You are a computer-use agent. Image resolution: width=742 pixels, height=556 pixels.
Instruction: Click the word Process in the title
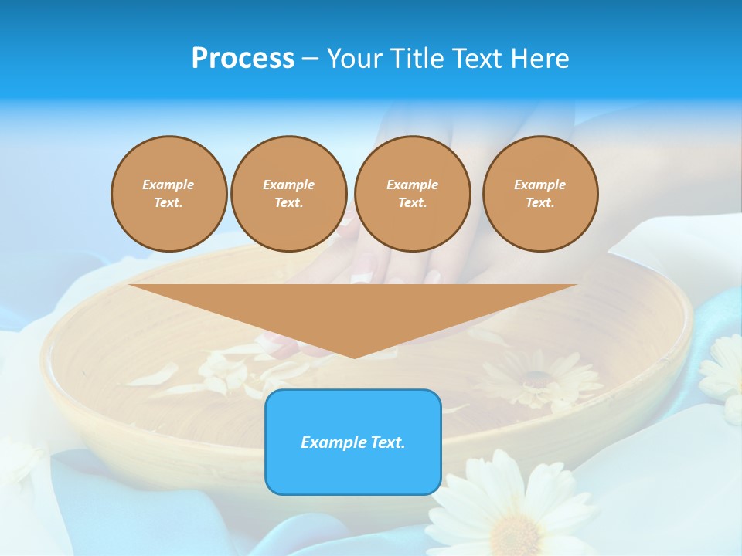point(243,59)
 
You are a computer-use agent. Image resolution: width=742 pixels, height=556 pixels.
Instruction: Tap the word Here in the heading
point(540,59)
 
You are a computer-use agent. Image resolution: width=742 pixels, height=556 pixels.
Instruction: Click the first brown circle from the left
point(168,193)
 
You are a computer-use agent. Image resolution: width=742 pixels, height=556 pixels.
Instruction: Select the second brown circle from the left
point(288,193)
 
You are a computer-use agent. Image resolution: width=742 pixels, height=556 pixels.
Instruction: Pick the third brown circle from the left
point(412,193)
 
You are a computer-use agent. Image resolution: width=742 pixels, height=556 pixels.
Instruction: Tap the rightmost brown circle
point(539,193)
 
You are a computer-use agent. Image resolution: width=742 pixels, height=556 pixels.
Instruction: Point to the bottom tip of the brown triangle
point(354,356)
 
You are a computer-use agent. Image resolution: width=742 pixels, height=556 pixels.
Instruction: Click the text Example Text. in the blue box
point(353,442)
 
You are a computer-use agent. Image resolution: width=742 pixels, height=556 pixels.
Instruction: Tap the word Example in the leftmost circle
point(168,185)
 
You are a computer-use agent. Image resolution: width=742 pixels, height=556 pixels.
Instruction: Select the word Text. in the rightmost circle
point(539,202)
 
